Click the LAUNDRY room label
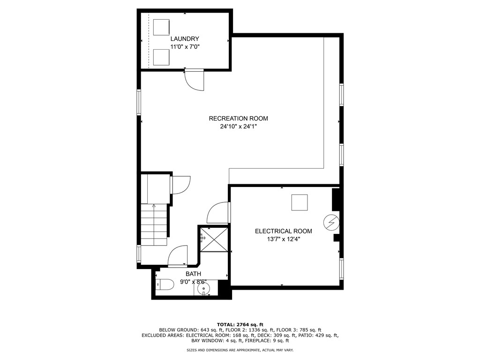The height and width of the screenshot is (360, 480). [x=185, y=39]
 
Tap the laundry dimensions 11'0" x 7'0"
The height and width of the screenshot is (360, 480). [x=185, y=47]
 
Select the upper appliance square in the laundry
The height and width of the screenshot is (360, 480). [x=161, y=27]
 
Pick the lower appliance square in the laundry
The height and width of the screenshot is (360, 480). [x=161, y=57]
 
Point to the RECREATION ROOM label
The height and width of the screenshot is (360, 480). [x=238, y=119]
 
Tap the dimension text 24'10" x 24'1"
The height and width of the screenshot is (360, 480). [x=238, y=126]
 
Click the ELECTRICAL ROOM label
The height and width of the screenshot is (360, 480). [x=283, y=231]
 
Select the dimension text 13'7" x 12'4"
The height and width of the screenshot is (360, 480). [x=283, y=239]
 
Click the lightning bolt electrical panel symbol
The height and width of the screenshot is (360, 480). [x=331, y=222]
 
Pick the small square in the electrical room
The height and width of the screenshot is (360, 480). [x=300, y=202]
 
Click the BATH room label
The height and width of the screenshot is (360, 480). [x=193, y=274]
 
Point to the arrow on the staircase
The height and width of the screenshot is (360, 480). [x=154, y=206]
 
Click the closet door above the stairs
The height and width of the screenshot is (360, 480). [x=181, y=185]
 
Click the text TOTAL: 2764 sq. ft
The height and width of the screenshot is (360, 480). [x=240, y=324]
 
